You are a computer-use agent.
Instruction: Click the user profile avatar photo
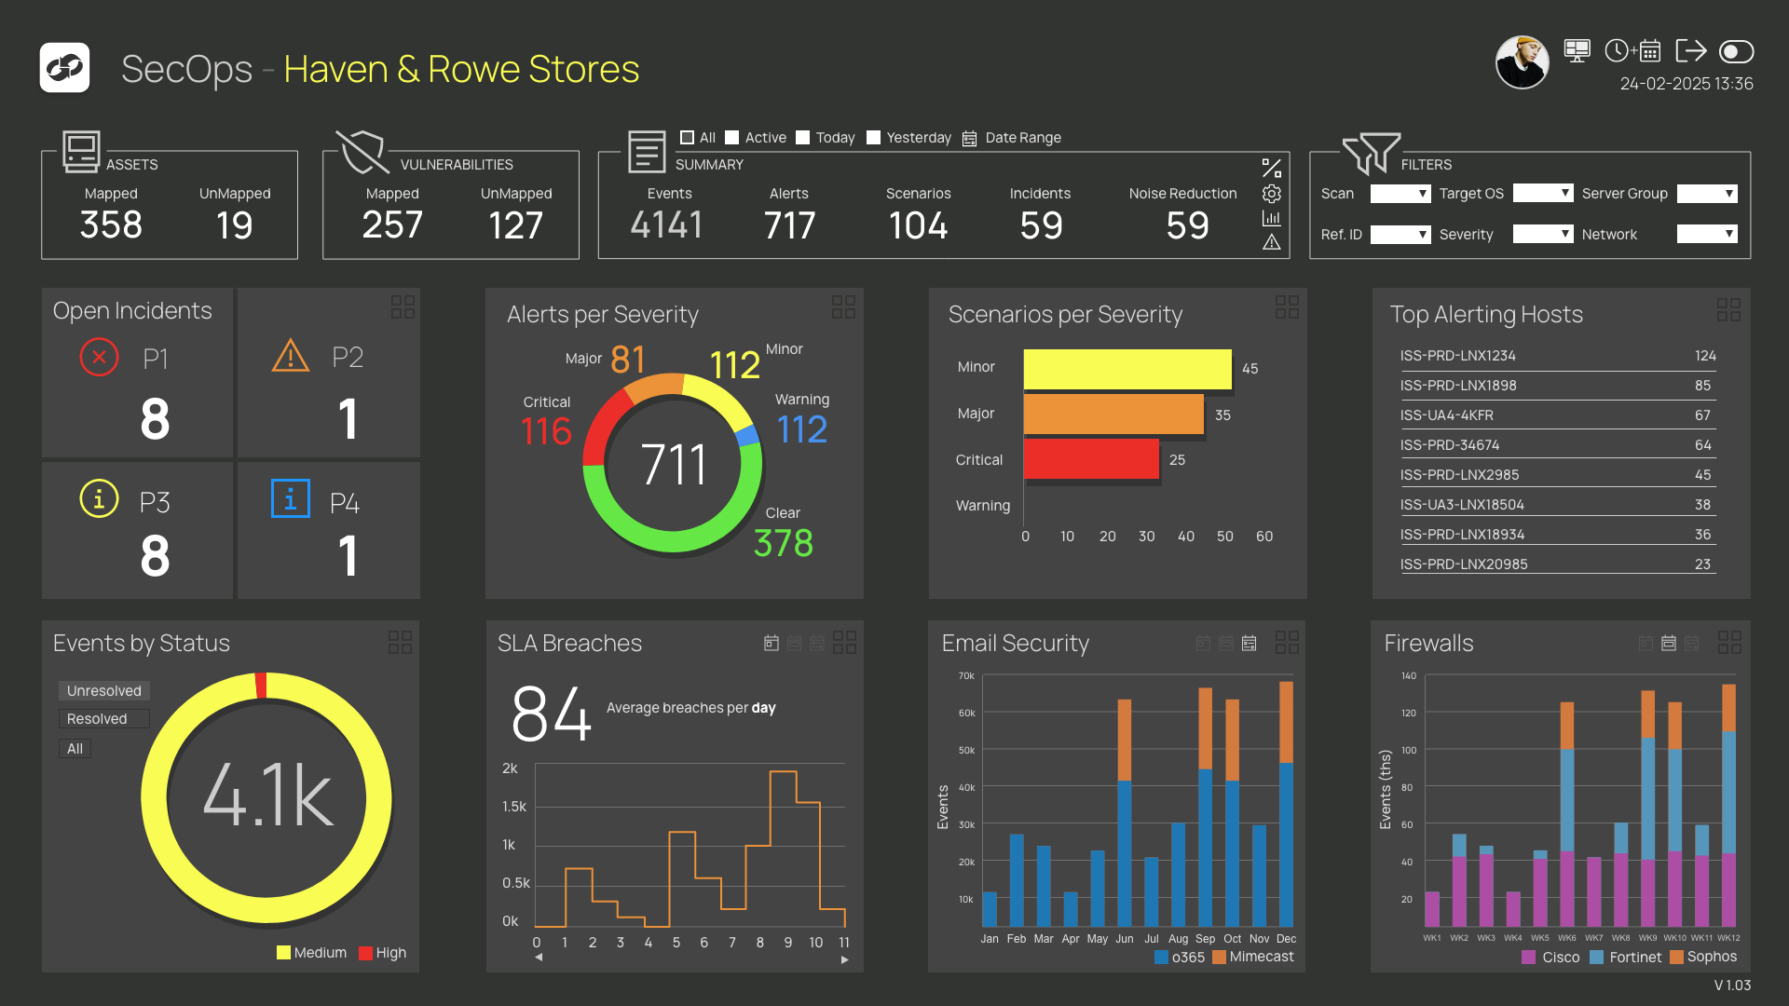click(1522, 62)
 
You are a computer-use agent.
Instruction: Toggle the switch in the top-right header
click(1736, 51)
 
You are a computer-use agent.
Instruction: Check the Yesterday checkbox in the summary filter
click(873, 138)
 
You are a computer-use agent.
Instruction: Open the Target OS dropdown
click(1542, 193)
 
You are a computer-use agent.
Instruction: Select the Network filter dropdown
click(1706, 234)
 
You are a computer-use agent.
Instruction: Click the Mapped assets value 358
click(111, 224)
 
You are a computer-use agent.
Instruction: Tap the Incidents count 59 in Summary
click(1041, 224)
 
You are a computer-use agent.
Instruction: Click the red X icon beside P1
click(99, 358)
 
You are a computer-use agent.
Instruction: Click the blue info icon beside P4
click(290, 499)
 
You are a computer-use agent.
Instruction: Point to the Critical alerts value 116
click(546, 431)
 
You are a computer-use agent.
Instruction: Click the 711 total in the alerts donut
click(674, 464)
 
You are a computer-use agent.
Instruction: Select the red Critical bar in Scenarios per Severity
click(1091, 459)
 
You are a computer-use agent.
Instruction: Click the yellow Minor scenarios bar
click(1127, 369)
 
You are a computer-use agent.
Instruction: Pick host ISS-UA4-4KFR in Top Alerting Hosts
click(1446, 415)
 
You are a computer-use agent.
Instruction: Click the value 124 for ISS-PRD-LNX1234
click(1705, 356)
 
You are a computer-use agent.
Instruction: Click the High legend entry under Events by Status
click(383, 953)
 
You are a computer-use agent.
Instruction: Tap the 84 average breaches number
click(551, 714)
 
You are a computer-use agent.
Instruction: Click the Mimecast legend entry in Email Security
click(1253, 957)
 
